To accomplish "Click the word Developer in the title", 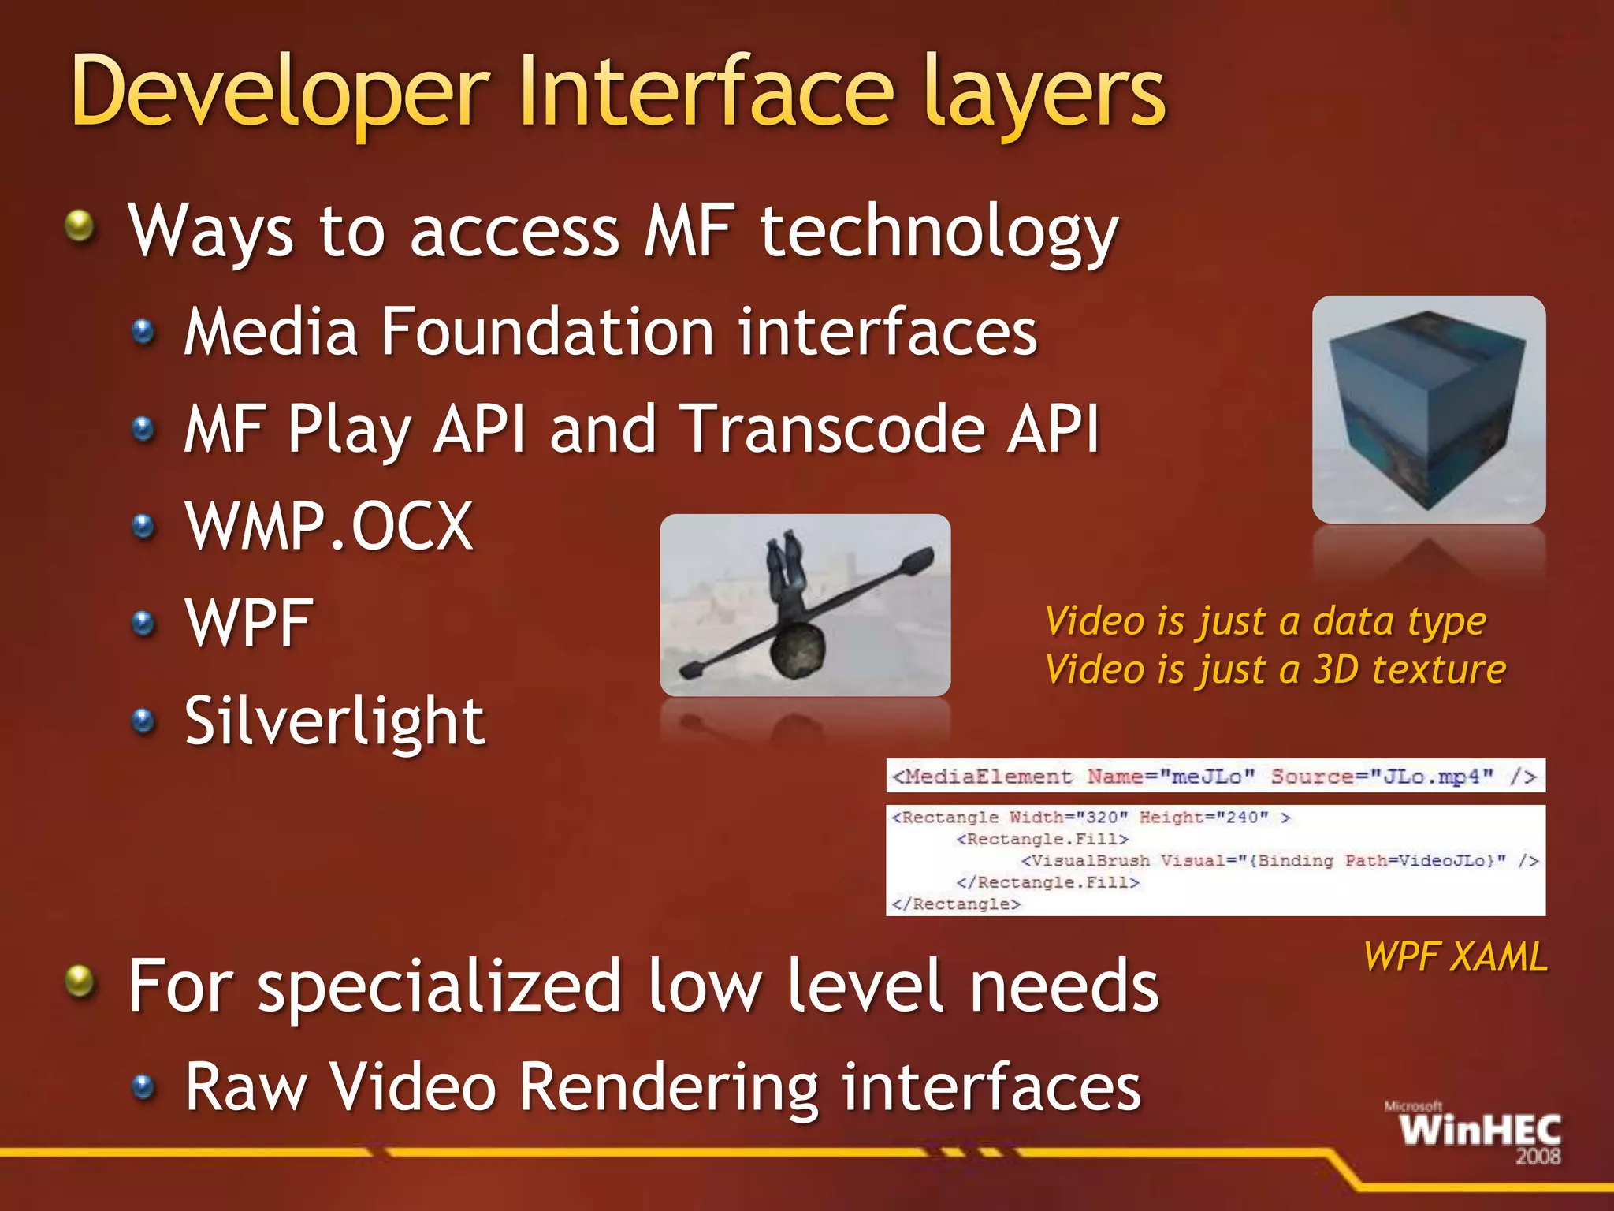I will [280, 93].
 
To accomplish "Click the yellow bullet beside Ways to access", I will [80, 227].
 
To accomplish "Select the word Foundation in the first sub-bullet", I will [547, 332].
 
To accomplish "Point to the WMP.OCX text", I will [329, 527].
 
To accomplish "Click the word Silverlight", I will [334, 721].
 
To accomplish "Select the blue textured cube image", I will [1428, 410].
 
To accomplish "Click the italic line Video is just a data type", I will [1265, 621].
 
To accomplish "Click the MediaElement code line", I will [1214, 777].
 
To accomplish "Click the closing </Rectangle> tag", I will [956, 904].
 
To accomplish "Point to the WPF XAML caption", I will [1455, 956].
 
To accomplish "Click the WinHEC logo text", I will [1480, 1131].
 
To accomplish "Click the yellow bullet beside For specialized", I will [80, 982].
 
